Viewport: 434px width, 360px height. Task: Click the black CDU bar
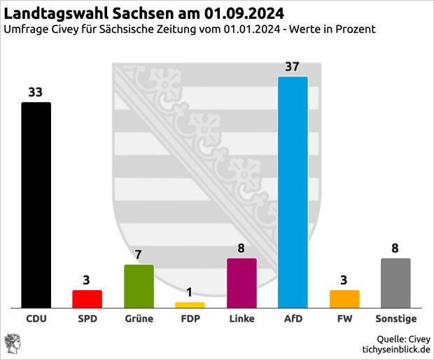[x=36, y=205]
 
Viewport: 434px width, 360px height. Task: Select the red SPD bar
[x=87, y=298]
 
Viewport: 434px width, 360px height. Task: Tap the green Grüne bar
[x=139, y=286]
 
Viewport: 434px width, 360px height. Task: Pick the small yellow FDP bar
[x=190, y=305]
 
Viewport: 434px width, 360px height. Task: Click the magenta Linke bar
[x=241, y=283]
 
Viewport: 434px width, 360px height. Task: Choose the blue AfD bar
[x=293, y=192]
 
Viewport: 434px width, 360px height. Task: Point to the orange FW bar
[x=344, y=298]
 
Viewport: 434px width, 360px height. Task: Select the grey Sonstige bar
[x=395, y=283]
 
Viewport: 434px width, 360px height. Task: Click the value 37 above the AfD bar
[x=293, y=67]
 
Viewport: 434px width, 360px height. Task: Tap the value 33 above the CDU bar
[x=36, y=92]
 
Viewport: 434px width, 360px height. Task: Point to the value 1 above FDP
[x=190, y=292]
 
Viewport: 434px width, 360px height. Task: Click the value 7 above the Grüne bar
[x=139, y=254]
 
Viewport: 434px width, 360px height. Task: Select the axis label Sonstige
[x=395, y=319]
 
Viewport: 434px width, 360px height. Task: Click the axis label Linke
[x=241, y=319]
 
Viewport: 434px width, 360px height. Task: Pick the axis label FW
[x=344, y=319]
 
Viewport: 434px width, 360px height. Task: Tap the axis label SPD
[x=87, y=319]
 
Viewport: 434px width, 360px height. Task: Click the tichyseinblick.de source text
[x=395, y=349]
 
